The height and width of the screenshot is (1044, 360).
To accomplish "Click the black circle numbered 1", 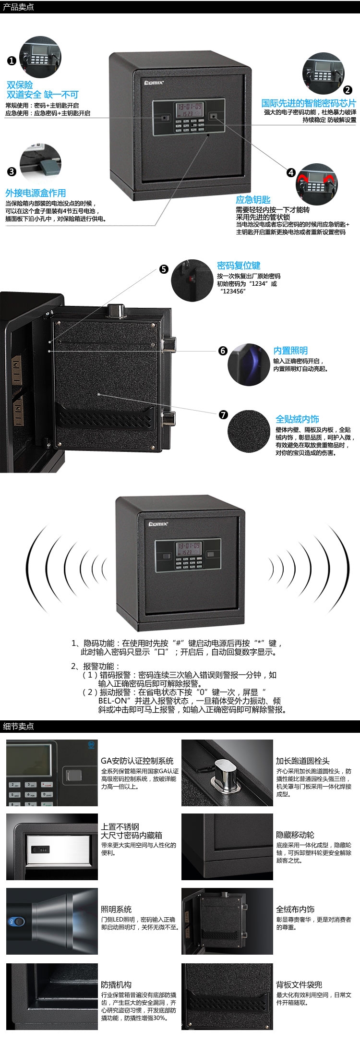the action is pos(12,61).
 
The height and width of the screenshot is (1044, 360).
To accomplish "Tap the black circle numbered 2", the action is pos(348,90).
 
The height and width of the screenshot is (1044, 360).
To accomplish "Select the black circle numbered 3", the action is pos(12,171).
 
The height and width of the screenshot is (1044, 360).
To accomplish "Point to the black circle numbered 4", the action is pos(291,172).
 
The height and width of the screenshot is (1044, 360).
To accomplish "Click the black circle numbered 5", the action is pos(164,269).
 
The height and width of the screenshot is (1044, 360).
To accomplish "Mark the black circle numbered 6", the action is pos(223,351).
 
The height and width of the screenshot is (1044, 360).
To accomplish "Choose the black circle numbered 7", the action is pos(223,414).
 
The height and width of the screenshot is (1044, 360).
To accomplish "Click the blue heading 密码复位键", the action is pos(239,266).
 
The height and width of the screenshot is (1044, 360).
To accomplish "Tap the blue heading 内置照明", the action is pos(290,351).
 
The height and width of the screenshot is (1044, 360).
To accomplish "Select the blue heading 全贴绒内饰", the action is pos(297,419).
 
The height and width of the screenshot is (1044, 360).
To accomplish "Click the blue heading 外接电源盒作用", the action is pos(36,193).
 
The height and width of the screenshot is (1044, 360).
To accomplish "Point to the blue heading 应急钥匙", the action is pos(253,200).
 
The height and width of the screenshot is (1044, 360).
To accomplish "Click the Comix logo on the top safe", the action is pos(155,83).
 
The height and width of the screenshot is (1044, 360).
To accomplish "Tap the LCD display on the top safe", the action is pos(190,109).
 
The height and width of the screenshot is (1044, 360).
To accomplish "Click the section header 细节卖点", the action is pos(19,726).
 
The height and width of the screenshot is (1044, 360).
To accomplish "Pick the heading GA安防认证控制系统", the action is pos(137,761).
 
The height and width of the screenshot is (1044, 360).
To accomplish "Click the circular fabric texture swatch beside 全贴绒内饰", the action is pos(249,431).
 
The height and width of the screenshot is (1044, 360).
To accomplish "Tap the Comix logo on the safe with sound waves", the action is pos(158,524).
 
